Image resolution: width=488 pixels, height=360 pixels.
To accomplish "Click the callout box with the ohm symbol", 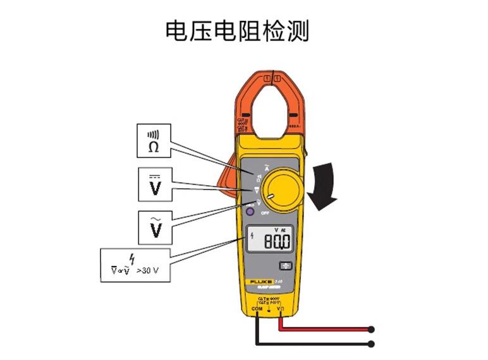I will (x=154, y=140).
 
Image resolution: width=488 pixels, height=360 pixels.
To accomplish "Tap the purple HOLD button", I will (x=250, y=213).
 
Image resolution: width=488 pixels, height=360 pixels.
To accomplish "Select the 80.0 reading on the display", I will (x=278, y=241).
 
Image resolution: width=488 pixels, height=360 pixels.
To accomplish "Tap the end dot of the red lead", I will (x=371, y=329).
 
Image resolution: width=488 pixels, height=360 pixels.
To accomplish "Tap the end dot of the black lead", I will (x=371, y=344).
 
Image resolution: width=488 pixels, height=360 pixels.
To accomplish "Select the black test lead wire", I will (x=316, y=344).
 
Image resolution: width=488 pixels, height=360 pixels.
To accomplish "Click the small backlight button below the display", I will (x=286, y=266).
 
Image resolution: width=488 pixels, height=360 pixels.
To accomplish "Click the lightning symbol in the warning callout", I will (x=132, y=258).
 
